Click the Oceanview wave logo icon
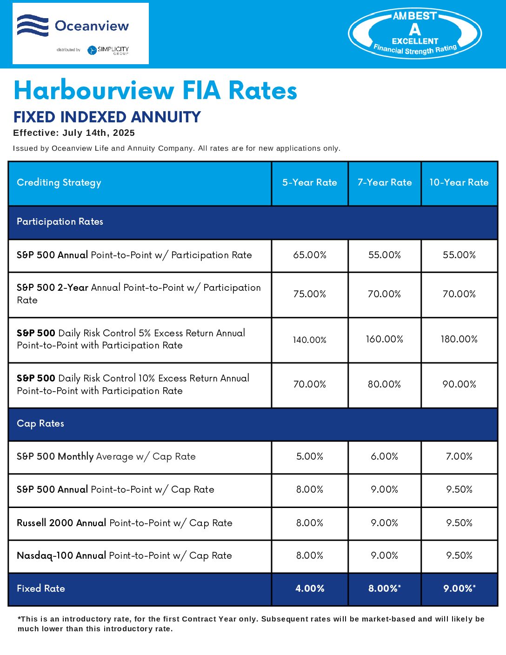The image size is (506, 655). point(33,26)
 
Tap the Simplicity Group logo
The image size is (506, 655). point(108,50)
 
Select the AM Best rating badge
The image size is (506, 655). point(415,33)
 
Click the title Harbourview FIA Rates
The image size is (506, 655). point(155,90)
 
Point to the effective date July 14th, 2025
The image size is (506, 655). point(74,133)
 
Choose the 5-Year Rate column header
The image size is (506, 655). point(310,182)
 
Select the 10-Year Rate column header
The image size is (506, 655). point(459,182)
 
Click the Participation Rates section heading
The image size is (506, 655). point(60,221)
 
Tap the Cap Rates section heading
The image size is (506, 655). point(40,423)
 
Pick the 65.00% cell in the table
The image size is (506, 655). point(310,255)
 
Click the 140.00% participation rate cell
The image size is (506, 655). point(310,340)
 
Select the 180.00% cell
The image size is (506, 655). point(459,339)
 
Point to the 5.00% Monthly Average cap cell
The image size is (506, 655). point(310,456)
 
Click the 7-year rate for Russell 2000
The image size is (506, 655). point(385,523)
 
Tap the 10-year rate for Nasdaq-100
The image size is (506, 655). point(459,555)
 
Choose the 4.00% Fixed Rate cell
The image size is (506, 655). point(310,588)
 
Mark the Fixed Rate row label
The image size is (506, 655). point(41,588)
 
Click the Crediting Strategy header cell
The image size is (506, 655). point(59,182)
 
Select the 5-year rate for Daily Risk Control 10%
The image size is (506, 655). point(310,384)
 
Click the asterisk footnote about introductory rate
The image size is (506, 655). point(251,624)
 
